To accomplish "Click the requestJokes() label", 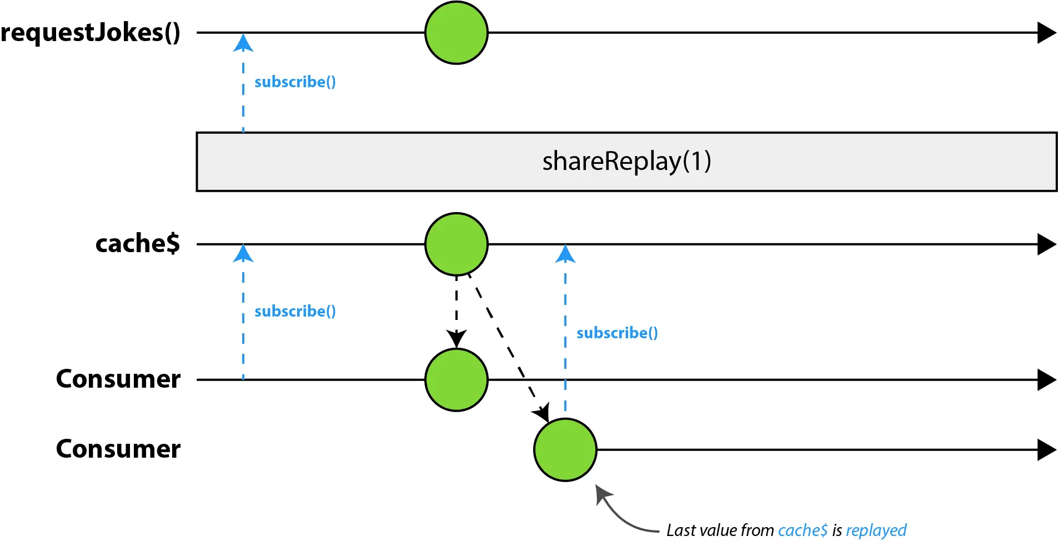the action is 91,32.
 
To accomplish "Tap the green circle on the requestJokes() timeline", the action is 457,33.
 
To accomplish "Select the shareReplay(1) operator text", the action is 627,162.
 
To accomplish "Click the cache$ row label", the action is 138,243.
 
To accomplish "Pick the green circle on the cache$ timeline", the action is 457,244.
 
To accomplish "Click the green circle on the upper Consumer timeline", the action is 457,380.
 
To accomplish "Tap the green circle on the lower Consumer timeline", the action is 565,450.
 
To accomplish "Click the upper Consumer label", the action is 118,379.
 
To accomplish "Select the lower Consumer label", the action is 118,449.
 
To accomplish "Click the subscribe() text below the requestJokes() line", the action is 295,82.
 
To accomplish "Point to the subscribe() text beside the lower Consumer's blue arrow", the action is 618,333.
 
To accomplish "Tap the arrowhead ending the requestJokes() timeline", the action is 1047,33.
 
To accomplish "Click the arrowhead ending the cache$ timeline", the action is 1047,244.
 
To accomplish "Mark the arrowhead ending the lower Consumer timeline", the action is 1047,450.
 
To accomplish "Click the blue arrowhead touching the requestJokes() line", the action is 243,43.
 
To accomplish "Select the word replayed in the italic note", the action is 876,530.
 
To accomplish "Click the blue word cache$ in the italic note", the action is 803,530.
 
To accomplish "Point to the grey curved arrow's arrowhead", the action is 603,494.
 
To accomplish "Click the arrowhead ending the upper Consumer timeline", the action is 1047,380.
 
